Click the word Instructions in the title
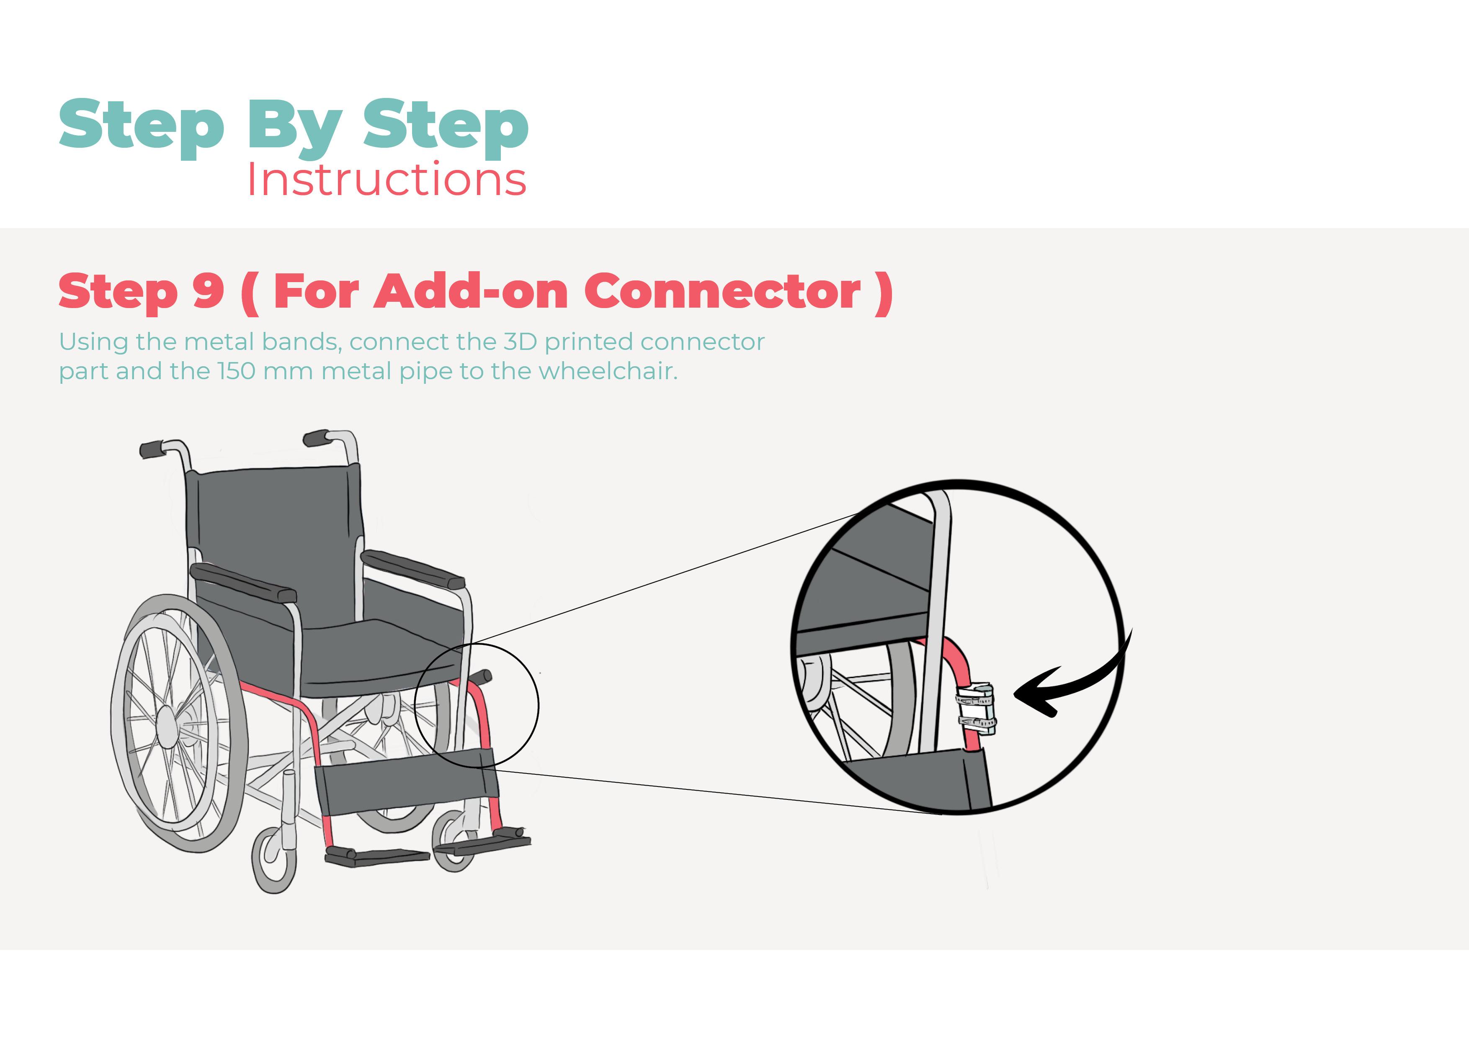pyautogui.click(x=387, y=180)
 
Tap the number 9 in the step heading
pyautogui.click(x=208, y=291)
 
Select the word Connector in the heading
pyautogui.click(x=722, y=291)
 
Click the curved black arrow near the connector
pyautogui.click(x=1075, y=681)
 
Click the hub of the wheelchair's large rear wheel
pyautogui.click(x=168, y=727)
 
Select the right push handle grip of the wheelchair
pyautogui.click(x=316, y=438)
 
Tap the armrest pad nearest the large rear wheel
pyautogui.click(x=244, y=583)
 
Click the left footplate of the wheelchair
pyautogui.click(x=377, y=856)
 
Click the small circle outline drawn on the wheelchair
pyautogui.click(x=477, y=705)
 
